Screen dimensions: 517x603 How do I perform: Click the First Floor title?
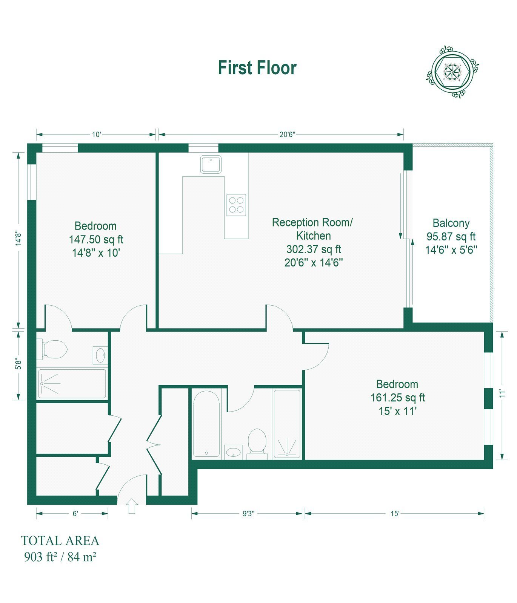(x=257, y=68)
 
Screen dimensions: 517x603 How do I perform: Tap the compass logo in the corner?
(x=452, y=72)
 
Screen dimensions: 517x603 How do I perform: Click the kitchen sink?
(x=211, y=164)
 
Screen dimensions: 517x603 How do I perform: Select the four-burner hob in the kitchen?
(x=236, y=205)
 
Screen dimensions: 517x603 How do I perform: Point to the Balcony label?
(x=451, y=223)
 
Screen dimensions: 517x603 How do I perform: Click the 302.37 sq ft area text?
(x=314, y=249)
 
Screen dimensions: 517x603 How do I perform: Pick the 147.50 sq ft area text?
(x=96, y=239)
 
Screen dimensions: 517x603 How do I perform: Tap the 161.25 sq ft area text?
(x=397, y=398)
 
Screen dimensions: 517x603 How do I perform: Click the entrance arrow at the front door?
(x=132, y=506)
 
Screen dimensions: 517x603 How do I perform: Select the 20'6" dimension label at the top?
(x=287, y=135)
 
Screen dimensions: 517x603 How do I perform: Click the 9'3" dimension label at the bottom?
(x=248, y=514)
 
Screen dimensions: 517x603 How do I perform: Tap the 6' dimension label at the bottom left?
(x=75, y=514)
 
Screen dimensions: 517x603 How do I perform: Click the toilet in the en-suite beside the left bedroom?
(x=52, y=349)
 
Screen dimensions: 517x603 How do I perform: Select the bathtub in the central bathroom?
(x=206, y=424)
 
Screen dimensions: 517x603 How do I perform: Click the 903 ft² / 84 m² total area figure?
(x=60, y=557)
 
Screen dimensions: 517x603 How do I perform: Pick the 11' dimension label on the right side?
(x=502, y=394)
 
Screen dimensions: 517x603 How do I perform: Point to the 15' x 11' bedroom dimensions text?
(x=397, y=411)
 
